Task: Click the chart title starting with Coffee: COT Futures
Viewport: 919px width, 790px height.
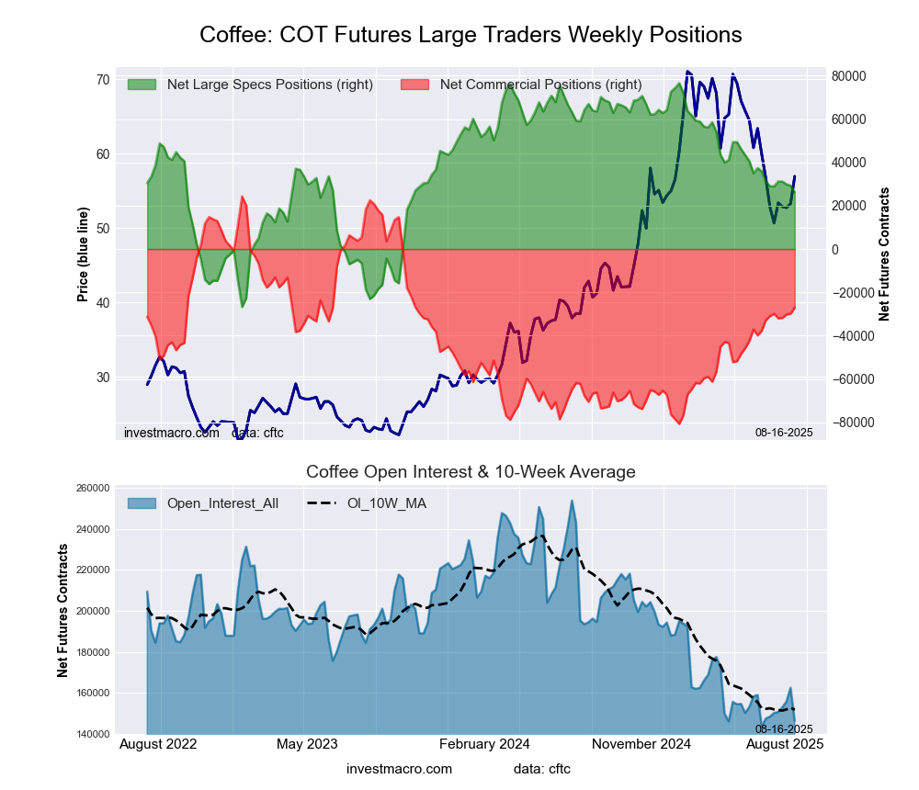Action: (x=471, y=35)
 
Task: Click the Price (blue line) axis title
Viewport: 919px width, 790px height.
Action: (x=83, y=254)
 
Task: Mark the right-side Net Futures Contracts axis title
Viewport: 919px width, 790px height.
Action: (x=885, y=254)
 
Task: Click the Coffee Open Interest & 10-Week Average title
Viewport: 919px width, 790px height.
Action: (x=471, y=472)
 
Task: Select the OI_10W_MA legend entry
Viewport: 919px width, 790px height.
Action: (x=386, y=502)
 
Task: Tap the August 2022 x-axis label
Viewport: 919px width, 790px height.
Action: (x=158, y=744)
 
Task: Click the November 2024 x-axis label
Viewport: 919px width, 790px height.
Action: (x=640, y=744)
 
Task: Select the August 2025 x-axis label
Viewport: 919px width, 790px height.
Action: (x=783, y=744)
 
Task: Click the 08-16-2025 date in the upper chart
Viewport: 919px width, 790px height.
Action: (x=784, y=432)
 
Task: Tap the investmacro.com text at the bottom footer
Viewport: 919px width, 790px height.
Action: (x=399, y=768)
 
